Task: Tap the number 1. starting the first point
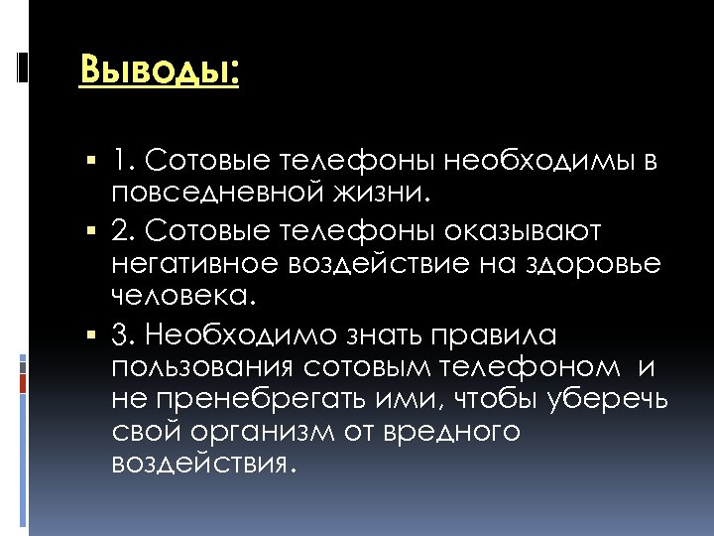[x=124, y=160]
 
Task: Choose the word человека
[x=182, y=295]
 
